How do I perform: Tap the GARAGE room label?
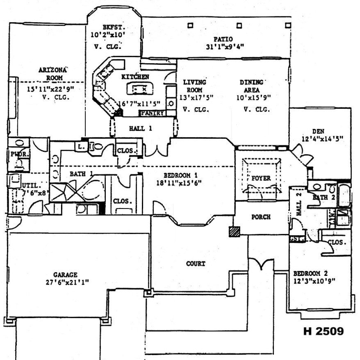coord(65,275)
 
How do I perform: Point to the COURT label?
coord(195,264)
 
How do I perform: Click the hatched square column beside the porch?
coord(234,232)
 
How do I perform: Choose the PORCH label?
coord(261,217)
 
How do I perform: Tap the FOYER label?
coord(261,178)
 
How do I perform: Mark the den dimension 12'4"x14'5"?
coord(322,139)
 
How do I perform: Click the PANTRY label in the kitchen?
coord(153,113)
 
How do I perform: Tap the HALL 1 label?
coord(141,128)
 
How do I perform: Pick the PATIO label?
coord(225,39)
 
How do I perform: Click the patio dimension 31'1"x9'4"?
coord(225,47)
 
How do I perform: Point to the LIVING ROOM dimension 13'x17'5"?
coord(196,98)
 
